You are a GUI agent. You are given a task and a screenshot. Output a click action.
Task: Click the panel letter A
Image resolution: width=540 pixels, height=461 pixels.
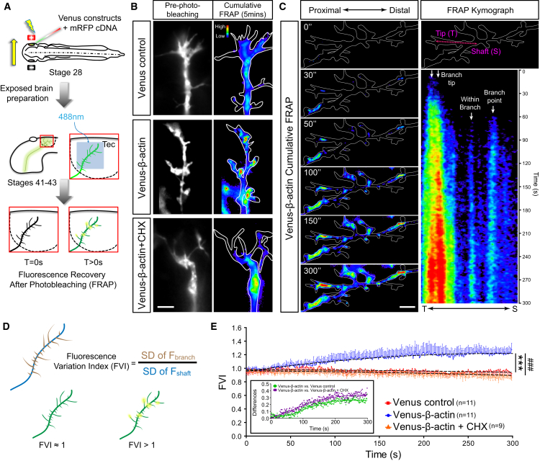[x=6, y=6]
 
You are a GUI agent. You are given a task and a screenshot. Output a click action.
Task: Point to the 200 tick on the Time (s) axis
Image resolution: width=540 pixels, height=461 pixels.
[x=431, y=441]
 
